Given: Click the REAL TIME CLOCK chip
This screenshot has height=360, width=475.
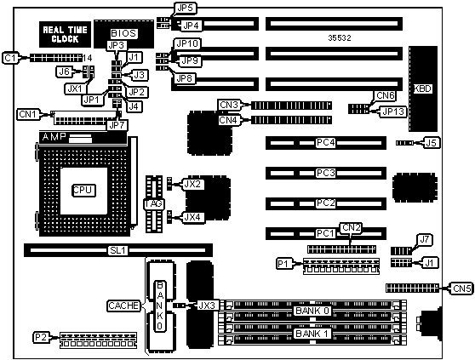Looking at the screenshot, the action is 66,34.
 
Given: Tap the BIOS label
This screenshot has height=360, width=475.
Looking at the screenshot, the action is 123,33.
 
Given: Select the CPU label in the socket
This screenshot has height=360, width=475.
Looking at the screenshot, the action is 84,190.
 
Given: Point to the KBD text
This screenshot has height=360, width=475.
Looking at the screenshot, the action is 422,89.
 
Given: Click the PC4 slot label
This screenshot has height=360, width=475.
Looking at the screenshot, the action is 326,142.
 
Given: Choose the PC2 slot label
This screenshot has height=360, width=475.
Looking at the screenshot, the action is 326,203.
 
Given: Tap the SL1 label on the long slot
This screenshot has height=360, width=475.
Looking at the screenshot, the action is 118,250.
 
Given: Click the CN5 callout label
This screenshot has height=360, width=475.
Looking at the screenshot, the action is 462,289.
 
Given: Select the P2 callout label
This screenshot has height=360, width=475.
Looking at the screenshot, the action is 42,337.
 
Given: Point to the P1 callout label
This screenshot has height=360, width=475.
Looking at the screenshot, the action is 284,264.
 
